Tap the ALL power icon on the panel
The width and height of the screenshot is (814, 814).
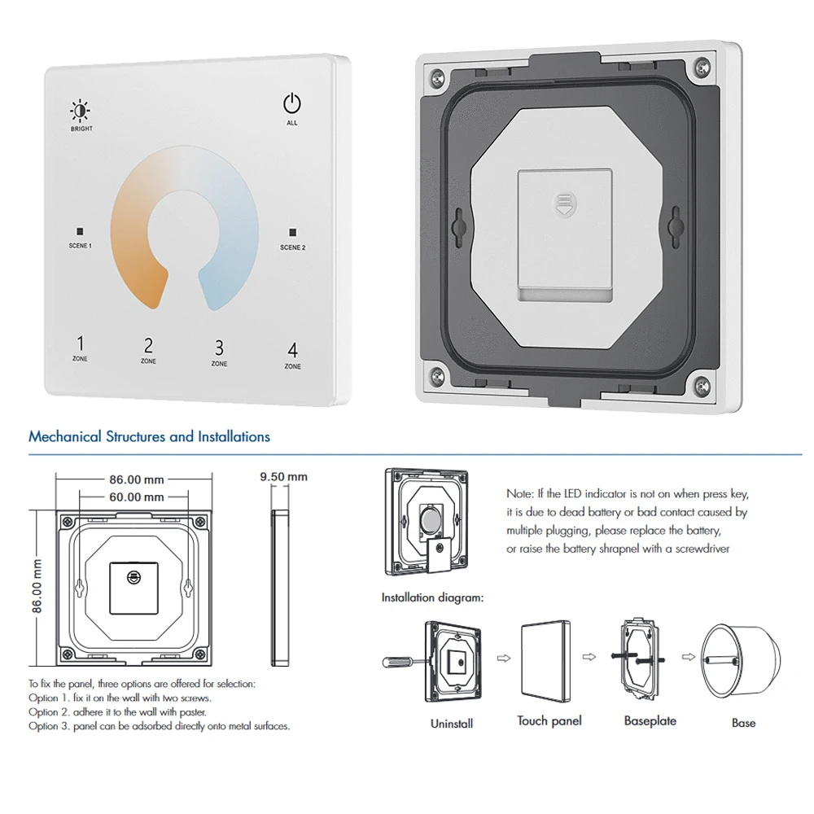[x=291, y=103]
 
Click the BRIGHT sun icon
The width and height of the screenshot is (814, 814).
[x=81, y=111]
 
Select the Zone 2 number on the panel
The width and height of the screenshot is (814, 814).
[x=148, y=345]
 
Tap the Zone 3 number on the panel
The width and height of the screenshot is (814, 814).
[x=219, y=348]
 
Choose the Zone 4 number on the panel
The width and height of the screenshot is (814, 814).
[x=293, y=350]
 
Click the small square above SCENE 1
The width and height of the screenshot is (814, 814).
[x=80, y=231]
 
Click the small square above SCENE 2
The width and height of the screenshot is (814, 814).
[x=293, y=232]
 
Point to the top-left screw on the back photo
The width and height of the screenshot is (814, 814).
[x=437, y=78]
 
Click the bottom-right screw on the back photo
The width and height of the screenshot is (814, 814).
[x=702, y=385]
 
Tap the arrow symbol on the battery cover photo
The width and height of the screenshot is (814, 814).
[x=564, y=204]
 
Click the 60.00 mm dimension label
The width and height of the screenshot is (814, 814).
[x=137, y=497]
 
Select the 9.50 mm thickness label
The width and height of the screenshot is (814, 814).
[x=283, y=476]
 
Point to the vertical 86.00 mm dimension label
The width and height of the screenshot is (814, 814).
[x=37, y=586]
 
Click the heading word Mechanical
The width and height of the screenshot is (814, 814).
[x=65, y=436]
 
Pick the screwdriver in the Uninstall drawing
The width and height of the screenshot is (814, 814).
[x=405, y=662]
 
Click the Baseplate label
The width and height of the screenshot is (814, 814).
[x=650, y=720]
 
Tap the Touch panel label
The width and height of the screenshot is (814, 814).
[x=549, y=720]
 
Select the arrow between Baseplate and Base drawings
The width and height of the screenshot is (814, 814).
[x=689, y=657]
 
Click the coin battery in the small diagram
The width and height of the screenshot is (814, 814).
[x=430, y=519]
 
